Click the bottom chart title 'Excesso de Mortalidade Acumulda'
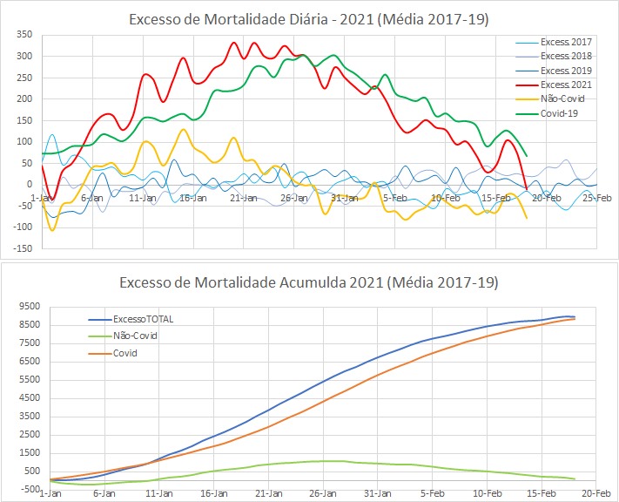(x=309, y=283)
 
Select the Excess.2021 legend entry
(x=565, y=85)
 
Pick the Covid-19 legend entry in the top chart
(x=561, y=113)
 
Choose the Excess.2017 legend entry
(x=565, y=42)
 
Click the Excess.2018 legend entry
(x=565, y=56)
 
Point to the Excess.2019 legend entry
(x=565, y=71)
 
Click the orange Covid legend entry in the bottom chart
(x=127, y=353)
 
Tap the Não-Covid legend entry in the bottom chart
(x=135, y=336)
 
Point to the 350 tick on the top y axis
(x=24, y=35)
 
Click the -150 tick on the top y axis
(x=22, y=248)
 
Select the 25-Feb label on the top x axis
(x=595, y=198)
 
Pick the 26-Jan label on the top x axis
(x=293, y=198)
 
